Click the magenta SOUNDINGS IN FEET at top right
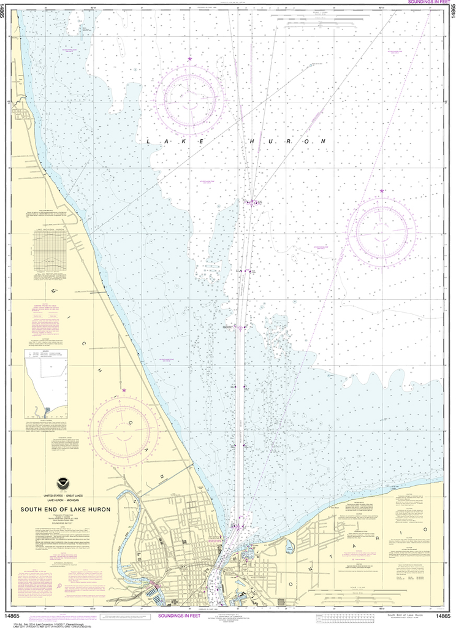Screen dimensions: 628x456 pyautogui.click(x=425, y=3)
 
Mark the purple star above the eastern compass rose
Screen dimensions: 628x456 pyautogui.click(x=382, y=191)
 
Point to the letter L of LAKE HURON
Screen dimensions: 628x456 pyautogui.click(x=149, y=142)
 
